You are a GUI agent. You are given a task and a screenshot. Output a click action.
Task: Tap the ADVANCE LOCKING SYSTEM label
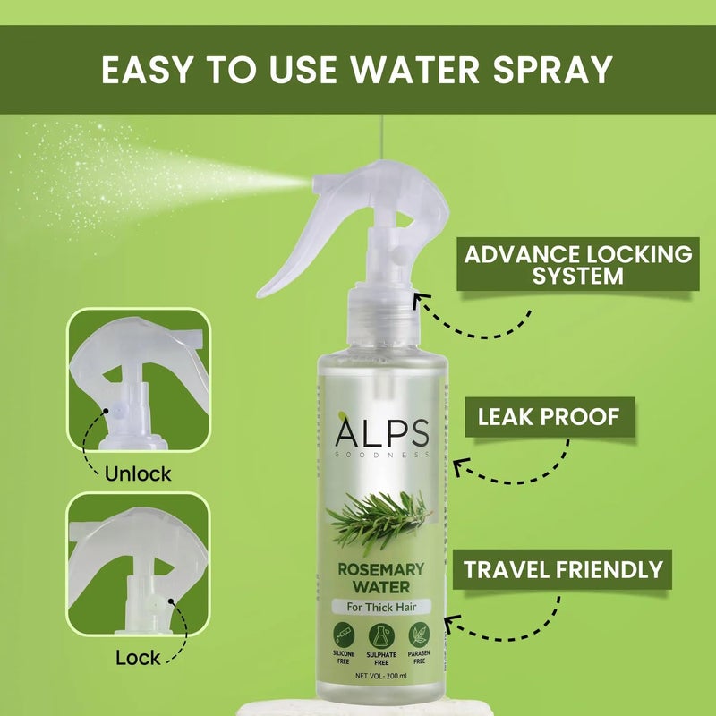[577, 264]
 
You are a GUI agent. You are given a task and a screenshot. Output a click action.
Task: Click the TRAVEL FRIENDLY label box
[562, 569]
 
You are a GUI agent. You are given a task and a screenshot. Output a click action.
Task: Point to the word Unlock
[138, 473]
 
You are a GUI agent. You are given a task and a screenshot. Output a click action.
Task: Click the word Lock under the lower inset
[137, 659]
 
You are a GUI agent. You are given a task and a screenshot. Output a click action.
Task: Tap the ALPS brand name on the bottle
[382, 434]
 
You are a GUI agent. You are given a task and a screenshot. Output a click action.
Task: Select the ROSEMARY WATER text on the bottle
[381, 578]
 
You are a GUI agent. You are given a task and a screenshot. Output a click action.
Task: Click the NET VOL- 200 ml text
[382, 675]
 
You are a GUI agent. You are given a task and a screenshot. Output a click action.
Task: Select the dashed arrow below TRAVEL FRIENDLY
[501, 631]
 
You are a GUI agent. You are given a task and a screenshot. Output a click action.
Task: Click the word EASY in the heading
[144, 70]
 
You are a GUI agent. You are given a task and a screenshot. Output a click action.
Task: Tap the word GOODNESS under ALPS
[382, 456]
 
